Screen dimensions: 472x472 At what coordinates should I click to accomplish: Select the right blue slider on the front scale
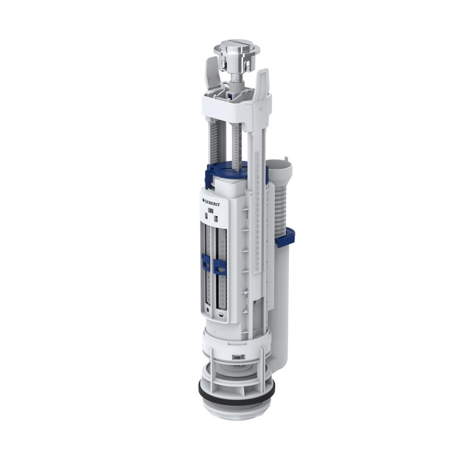click(219, 266)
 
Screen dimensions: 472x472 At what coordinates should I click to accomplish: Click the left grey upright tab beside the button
click(211, 73)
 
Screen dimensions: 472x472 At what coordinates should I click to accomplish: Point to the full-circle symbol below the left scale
click(208, 310)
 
